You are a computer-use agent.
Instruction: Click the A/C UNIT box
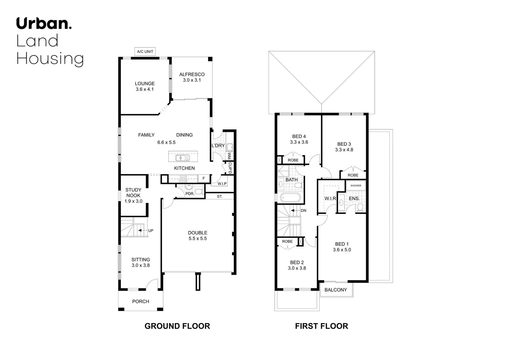(x=145, y=52)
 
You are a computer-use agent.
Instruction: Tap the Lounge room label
(x=145, y=84)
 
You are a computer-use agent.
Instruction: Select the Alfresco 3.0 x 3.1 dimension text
(x=192, y=80)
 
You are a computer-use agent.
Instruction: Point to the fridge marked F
(x=204, y=179)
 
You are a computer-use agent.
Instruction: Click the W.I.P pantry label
(x=222, y=184)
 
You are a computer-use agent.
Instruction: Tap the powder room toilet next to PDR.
(x=199, y=192)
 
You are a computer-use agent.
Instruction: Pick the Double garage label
(x=198, y=233)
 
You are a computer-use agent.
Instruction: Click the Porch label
(x=141, y=301)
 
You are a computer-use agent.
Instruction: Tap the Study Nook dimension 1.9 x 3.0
(x=133, y=201)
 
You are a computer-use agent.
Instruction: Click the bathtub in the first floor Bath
(x=290, y=198)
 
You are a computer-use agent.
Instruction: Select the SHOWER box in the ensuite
(x=356, y=186)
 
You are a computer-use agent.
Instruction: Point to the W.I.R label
(x=330, y=199)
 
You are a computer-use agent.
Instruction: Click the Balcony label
(x=335, y=290)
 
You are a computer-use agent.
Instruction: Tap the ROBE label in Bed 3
(x=353, y=175)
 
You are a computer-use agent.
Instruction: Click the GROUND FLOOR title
(x=177, y=326)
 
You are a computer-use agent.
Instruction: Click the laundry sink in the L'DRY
(x=230, y=147)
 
